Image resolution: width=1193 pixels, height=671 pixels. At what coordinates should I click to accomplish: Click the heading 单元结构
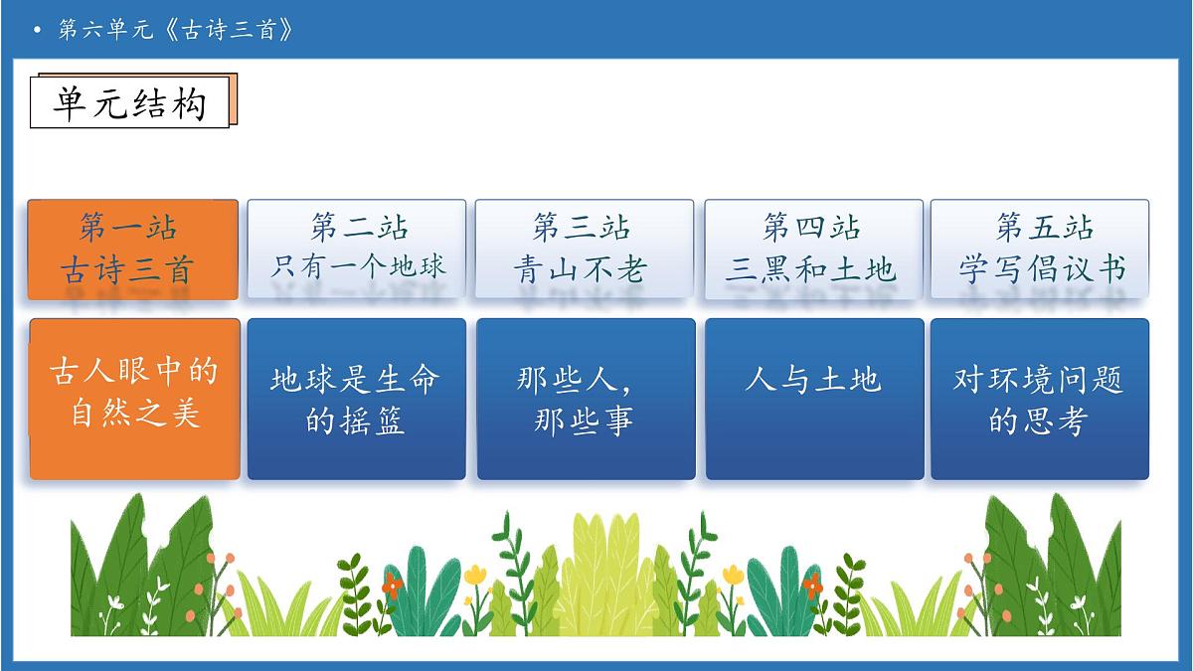[130, 102]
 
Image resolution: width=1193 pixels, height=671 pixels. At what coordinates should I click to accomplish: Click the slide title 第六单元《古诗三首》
[176, 30]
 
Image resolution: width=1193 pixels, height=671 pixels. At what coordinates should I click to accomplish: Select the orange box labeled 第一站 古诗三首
[132, 250]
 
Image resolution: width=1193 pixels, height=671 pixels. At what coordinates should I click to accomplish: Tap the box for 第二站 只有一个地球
[356, 249]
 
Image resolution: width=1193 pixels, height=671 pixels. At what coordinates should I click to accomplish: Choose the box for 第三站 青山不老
[584, 249]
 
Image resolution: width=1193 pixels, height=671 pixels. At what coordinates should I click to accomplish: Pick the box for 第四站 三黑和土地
[813, 249]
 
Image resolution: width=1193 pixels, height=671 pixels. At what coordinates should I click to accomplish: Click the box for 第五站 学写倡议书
[1040, 249]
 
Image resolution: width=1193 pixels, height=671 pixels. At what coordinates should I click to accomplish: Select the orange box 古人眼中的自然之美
[134, 399]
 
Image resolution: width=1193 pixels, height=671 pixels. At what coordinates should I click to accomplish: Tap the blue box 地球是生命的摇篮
[356, 399]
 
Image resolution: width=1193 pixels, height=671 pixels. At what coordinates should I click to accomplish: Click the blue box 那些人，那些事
[586, 399]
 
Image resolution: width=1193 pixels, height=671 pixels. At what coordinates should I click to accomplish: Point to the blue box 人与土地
[814, 399]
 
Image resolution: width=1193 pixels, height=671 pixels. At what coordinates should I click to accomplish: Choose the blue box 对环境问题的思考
[1040, 399]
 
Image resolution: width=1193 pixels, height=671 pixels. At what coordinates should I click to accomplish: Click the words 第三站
[582, 228]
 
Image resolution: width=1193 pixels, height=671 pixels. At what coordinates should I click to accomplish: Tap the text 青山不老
[582, 269]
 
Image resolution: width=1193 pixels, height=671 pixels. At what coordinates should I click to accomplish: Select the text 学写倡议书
[1041, 269]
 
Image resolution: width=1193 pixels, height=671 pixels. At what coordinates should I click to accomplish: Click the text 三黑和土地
[811, 269]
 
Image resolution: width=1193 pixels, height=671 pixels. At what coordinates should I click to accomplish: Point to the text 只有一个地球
[359, 266]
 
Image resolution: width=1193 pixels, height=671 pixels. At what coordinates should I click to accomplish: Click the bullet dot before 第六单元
[38, 31]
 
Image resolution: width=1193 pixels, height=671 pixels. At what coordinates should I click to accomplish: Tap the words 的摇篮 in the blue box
[355, 421]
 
